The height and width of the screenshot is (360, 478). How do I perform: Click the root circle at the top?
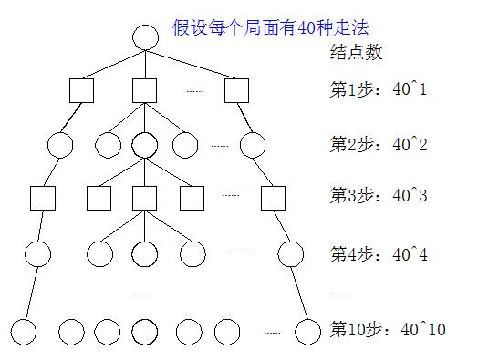(145, 37)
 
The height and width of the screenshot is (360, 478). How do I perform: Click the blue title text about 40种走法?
(270, 28)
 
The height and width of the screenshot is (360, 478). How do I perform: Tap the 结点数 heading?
(356, 52)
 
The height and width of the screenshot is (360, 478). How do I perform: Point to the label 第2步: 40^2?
(378, 144)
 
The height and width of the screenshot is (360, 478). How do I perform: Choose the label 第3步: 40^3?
(378, 196)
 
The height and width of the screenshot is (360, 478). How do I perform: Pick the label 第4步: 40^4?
(378, 254)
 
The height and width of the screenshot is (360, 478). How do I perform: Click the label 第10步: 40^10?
(387, 329)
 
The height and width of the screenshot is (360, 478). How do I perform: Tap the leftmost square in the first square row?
(82, 90)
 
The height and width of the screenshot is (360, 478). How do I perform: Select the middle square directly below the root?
(145, 90)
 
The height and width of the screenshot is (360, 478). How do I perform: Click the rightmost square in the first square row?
(236, 90)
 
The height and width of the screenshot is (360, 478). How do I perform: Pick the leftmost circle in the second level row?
(59, 145)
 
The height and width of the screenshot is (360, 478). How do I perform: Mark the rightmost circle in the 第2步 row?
(253, 145)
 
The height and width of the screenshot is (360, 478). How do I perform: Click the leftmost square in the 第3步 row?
(42, 198)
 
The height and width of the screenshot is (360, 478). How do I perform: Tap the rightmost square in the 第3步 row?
(272, 198)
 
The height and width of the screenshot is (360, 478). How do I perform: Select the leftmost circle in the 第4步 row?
(37, 254)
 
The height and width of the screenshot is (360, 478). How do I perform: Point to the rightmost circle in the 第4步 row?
(290, 254)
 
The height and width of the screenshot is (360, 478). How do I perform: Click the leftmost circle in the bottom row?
(23, 330)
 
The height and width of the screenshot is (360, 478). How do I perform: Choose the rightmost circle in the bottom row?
(309, 330)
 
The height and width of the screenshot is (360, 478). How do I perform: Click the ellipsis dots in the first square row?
(195, 90)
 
